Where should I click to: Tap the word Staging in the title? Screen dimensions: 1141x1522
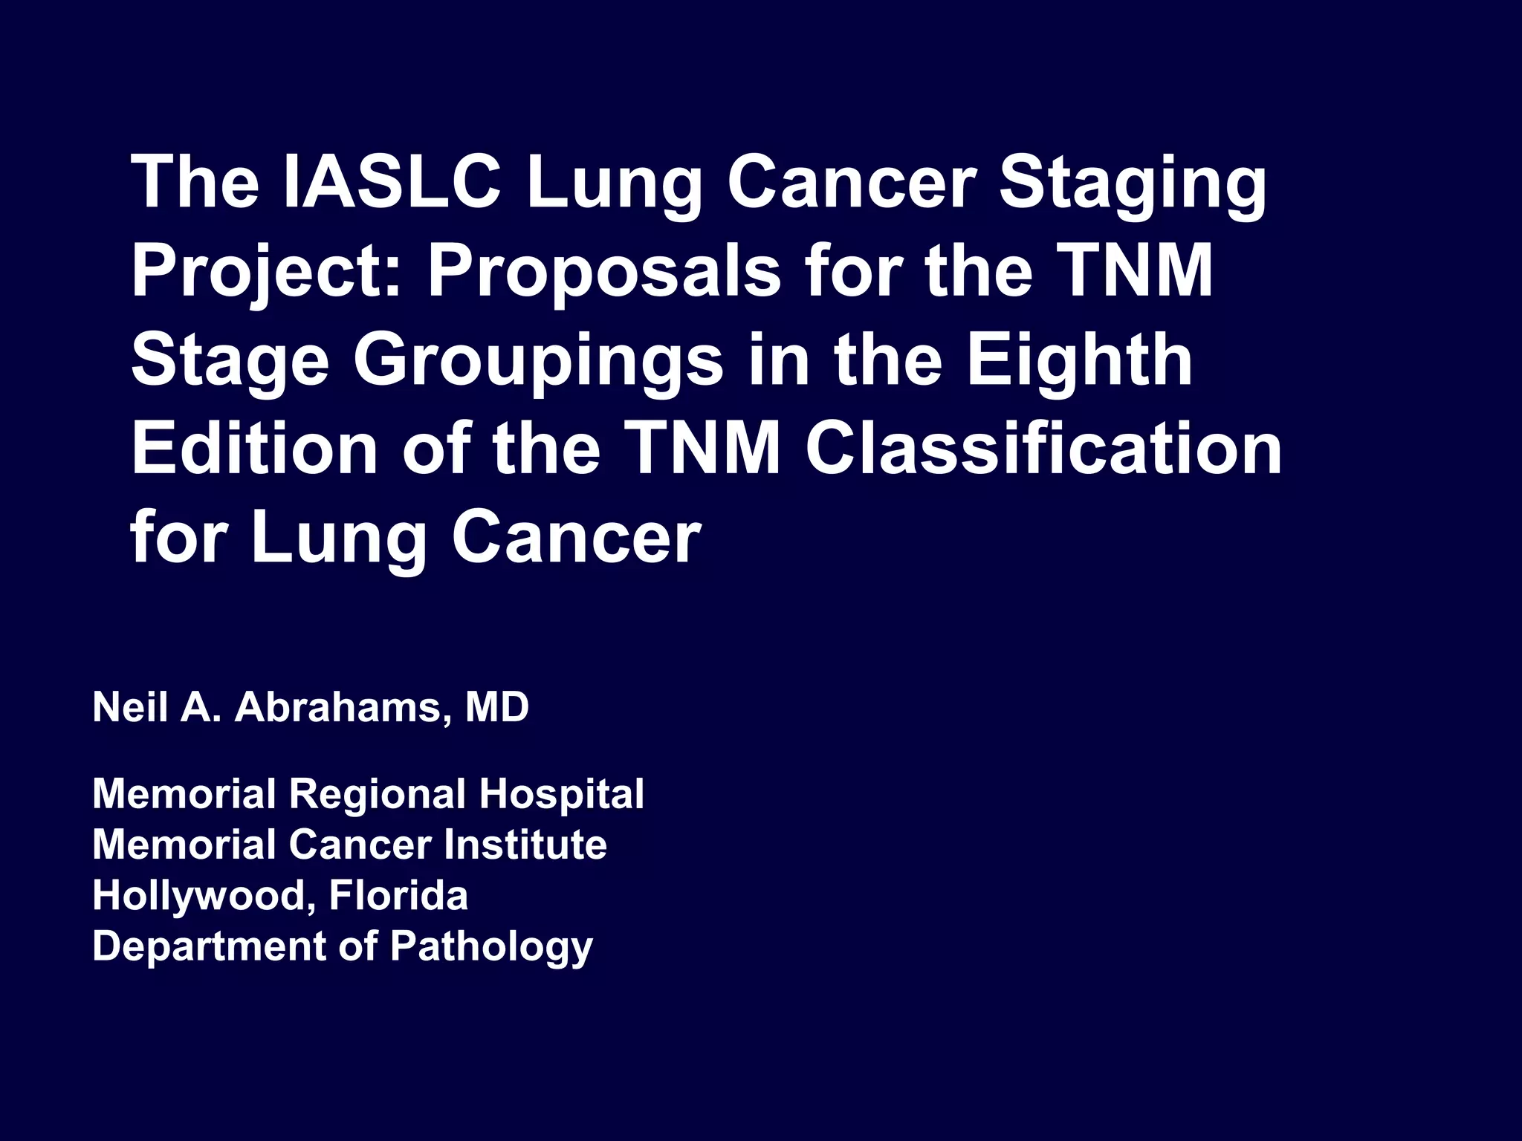click(1132, 183)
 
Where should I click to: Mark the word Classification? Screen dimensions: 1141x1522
click(1043, 449)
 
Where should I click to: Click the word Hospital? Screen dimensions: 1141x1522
click(562, 795)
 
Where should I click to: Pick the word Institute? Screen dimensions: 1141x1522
click(525, 845)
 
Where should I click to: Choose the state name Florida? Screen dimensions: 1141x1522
click(398, 895)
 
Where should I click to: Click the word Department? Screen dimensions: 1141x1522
click(209, 947)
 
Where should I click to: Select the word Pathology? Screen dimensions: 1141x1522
click(491, 947)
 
